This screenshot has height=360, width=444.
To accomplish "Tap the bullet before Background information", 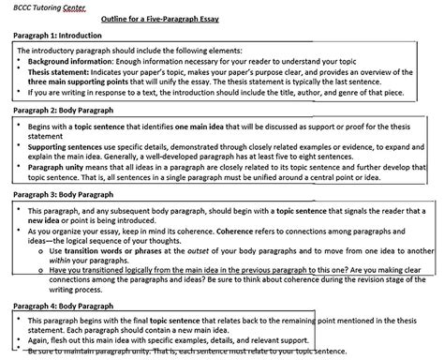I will tap(20, 59).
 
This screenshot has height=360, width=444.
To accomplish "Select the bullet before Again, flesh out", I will tap(20, 340).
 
